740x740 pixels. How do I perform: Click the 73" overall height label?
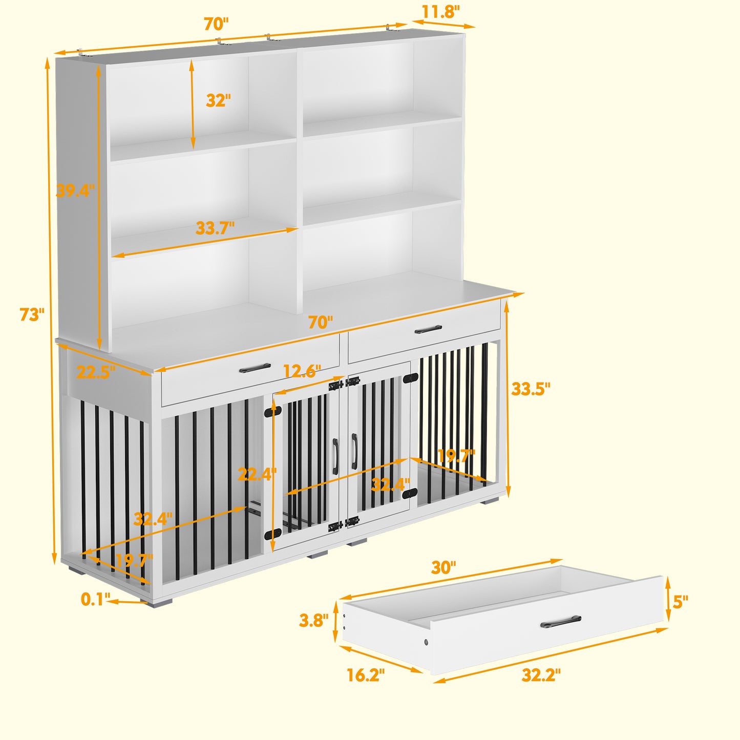tap(32, 314)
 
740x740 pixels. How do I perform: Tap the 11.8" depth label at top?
tap(440, 12)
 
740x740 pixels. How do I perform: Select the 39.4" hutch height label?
tap(75, 191)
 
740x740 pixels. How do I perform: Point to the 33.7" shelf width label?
tap(215, 228)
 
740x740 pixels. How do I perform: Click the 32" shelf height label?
tap(218, 100)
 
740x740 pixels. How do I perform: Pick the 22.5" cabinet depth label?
tap(96, 372)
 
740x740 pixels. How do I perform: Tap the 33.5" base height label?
tap(531, 389)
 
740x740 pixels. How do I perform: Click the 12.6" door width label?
tap(302, 371)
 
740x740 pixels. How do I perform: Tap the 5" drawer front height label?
tap(680, 602)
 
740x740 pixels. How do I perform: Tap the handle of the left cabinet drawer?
tap(255, 368)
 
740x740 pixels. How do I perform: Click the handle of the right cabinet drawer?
tap(428, 329)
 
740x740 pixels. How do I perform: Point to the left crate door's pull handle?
tap(335, 457)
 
